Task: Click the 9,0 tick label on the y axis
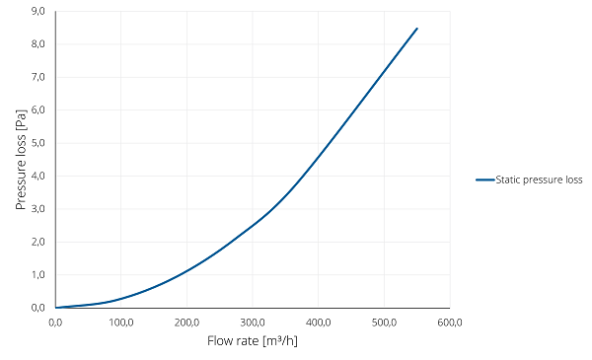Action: coord(38,11)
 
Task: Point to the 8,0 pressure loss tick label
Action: coord(38,44)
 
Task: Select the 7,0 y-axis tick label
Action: coord(38,77)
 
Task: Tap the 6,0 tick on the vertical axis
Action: coord(38,109)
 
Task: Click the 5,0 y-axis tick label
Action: coord(38,143)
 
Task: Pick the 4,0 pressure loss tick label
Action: coord(38,176)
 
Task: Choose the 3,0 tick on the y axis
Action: coord(38,209)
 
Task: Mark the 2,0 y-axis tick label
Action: coord(38,242)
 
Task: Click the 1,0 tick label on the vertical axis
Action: coord(38,275)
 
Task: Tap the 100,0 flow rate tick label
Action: coord(121,323)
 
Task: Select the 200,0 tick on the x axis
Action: coord(186,323)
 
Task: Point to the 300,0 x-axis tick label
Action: coord(253,323)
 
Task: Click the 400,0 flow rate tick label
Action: coord(319,323)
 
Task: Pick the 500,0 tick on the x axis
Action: coord(384,323)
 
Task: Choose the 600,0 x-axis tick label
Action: coord(450,323)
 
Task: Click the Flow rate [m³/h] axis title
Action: coord(253,341)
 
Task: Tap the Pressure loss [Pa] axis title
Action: coord(21,160)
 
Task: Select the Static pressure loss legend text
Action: coord(539,180)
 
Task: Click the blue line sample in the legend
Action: coord(485,180)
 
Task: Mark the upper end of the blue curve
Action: coord(417,29)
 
